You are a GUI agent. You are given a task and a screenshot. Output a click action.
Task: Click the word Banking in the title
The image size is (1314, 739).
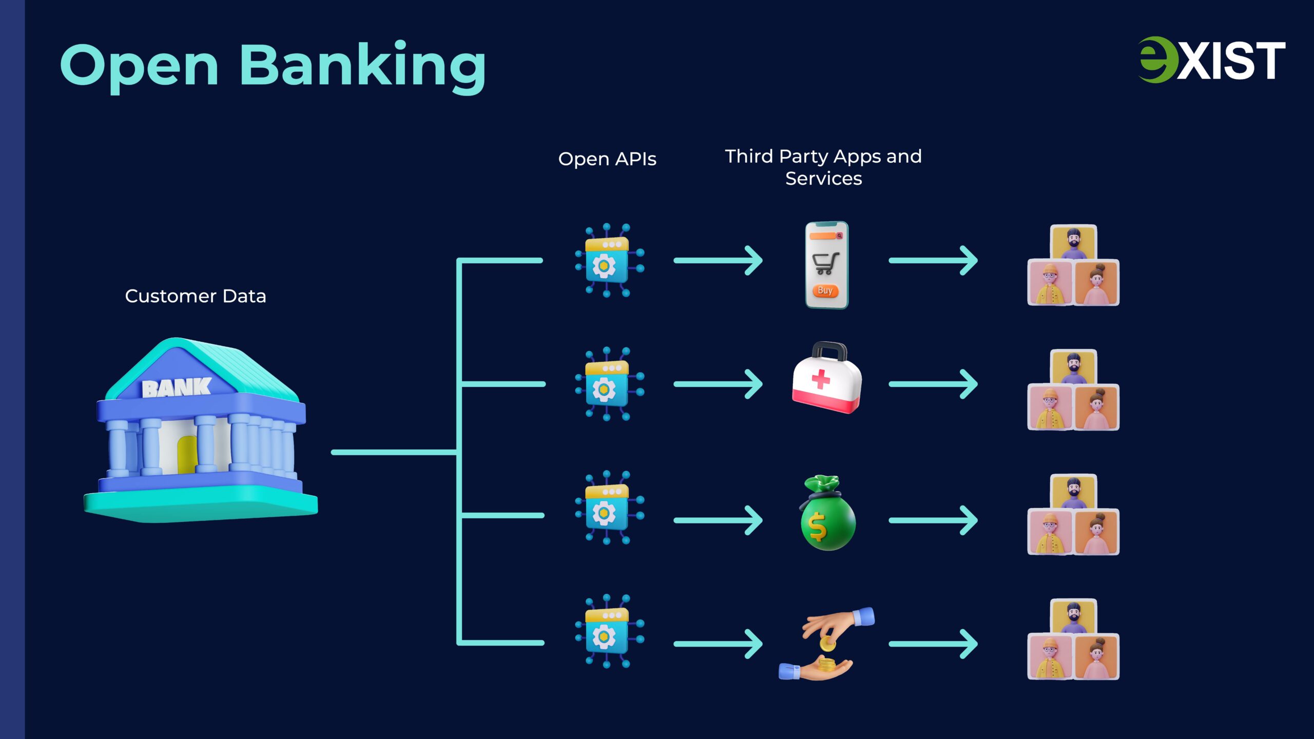pyautogui.click(x=362, y=66)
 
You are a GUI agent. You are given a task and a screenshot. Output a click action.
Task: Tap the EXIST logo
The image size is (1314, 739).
pyautogui.click(x=1211, y=60)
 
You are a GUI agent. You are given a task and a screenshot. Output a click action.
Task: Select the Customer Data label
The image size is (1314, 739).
pyautogui.click(x=196, y=296)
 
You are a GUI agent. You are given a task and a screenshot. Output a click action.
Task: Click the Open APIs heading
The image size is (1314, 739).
pyautogui.click(x=607, y=159)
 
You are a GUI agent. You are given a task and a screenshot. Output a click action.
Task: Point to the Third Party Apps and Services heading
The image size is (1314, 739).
pyautogui.click(x=823, y=167)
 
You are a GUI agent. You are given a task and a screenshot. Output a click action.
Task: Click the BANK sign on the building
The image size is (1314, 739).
pyautogui.click(x=176, y=388)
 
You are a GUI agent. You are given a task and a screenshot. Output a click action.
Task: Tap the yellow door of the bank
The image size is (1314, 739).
pyautogui.click(x=187, y=454)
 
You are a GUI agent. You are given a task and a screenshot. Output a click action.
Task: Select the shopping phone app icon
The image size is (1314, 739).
pyautogui.click(x=826, y=265)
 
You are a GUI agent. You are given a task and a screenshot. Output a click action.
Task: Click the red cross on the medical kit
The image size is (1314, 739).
pyautogui.click(x=821, y=379)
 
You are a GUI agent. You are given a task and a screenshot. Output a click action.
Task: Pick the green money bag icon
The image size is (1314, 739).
pyautogui.click(x=827, y=513)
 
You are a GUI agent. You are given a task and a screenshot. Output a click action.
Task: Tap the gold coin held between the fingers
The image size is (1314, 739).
pyautogui.click(x=827, y=644)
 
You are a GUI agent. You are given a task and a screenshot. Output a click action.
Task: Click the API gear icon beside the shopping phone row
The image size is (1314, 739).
pyautogui.click(x=609, y=261)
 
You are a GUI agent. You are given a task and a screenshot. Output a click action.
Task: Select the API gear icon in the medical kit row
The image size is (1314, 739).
pyautogui.click(x=609, y=384)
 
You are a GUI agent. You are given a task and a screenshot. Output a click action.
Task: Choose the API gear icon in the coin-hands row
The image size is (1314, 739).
pyautogui.click(x=609, y=631)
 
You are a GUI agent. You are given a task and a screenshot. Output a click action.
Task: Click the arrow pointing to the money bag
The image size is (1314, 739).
pyautogui.click(x=718, y=520)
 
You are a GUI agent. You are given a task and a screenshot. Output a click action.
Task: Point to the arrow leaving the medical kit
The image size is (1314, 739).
pyautogui.click(x=933, y=384)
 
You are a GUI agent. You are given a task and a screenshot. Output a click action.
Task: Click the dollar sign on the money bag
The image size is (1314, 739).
pyautogui.click(x=817, y=528)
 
